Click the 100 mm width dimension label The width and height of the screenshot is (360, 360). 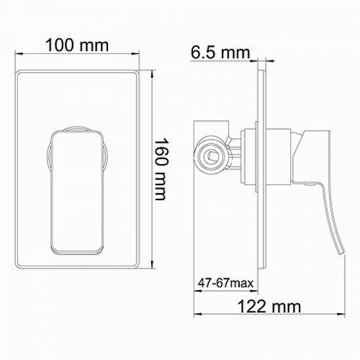tap(77, 45)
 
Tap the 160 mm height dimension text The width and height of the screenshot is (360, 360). tap(161, 169)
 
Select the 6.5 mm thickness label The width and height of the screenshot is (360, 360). tap(220, 53)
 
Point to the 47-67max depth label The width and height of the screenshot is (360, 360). tap(225, 283)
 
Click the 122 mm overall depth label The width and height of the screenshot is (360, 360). tap(269, 306)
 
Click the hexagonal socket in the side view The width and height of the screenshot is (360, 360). tap(211, 156)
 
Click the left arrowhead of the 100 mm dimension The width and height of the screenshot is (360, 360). tap(19, 53)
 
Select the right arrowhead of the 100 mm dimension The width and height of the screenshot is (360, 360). tap(135, 53)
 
